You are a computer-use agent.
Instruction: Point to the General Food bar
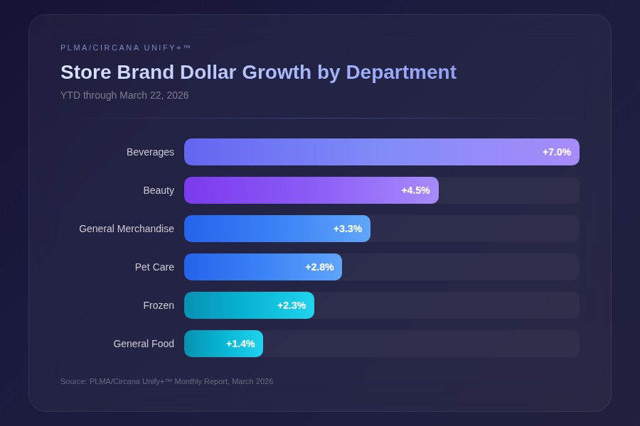pyautogui.click(x=206, y=344)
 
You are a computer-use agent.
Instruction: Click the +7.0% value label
pyautogui.click(x=557, y=152)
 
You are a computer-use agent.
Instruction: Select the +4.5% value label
pyautogui.click(x=415, y=190)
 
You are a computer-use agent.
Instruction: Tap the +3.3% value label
pyautogui.click(x=348, y=229)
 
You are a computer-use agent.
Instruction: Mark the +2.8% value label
pyautogui.click(x=319, y=267)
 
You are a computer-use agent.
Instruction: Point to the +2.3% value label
pyautogui.click(x=292, y=305)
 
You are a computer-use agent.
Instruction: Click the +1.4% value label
pyautogui.click(x=240, y=344)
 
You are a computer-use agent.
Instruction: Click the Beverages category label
pyautogui.click(x=150, y=152)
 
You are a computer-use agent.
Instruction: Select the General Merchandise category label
pyautogui.click(x=127, y=229)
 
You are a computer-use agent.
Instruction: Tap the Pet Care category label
pyautogui.click(x=154, y=267)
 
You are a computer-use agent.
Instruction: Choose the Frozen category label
pyautogui.click(x=159, y=305)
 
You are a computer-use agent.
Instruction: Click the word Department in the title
pyautogui.click(x=401, y=72)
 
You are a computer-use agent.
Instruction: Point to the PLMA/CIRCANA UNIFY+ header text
pyautogui.click(x=126, y=48)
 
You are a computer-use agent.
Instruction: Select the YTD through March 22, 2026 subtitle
pyautogui.click(x=124, y=95)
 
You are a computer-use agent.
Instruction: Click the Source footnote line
pyautogui.click(x=166, y=381)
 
